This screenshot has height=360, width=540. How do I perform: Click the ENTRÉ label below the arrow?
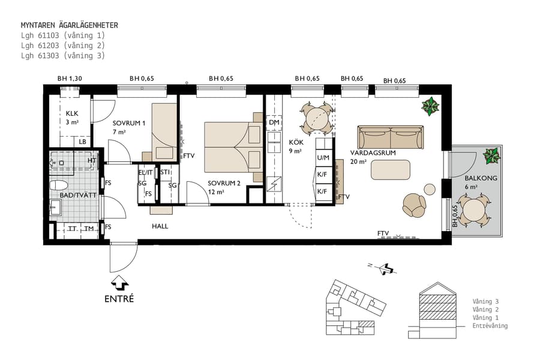119,299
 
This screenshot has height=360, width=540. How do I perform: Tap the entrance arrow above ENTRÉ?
119,282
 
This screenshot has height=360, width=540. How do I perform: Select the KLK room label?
72,113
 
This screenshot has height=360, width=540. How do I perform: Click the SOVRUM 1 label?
129,123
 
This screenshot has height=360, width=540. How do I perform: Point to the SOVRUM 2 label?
224,184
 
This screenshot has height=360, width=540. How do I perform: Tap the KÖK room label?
295,142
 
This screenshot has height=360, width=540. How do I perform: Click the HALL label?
160,226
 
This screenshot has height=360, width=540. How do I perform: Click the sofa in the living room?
390,138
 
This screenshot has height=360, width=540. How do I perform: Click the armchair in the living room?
414,205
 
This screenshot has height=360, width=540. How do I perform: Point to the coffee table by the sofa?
391,170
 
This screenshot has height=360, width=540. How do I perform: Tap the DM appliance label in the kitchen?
274,122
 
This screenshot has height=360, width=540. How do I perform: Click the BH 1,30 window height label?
69,79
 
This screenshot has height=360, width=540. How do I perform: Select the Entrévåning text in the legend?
490,326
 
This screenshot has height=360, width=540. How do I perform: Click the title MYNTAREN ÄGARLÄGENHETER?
69,25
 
